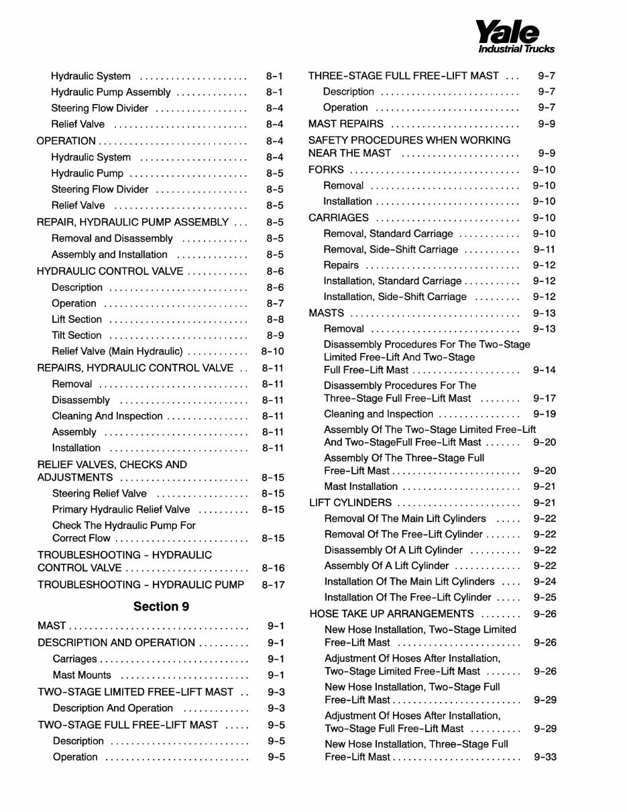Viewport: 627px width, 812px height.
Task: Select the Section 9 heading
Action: pos(161,607)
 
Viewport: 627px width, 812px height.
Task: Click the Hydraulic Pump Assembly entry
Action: pos(111,92)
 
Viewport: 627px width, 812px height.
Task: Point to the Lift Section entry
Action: pos(76,319)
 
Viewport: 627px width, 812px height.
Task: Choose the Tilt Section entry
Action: pos(76,336)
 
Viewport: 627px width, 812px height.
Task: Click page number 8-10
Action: pos(272,352)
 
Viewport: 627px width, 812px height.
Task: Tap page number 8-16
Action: pos(272,568)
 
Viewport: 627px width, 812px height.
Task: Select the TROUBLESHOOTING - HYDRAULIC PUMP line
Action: pos(140,585)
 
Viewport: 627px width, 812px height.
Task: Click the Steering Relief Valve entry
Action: pos(99,494)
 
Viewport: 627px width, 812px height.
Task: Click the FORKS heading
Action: pos(326,170)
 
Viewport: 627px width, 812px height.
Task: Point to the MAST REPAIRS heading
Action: pos(346,124)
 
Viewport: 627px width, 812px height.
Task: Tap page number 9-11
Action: pos(544,250)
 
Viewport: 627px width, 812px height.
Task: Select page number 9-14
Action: pos(544,370)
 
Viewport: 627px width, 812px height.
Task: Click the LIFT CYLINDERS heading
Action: pos(350,503)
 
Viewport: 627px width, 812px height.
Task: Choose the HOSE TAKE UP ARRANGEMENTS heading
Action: pos(392,614)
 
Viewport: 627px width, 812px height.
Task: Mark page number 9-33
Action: pos(545,758)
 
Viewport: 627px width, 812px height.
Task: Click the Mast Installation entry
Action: pos(361,487)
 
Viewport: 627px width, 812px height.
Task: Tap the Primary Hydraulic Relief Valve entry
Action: pos(121,510)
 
